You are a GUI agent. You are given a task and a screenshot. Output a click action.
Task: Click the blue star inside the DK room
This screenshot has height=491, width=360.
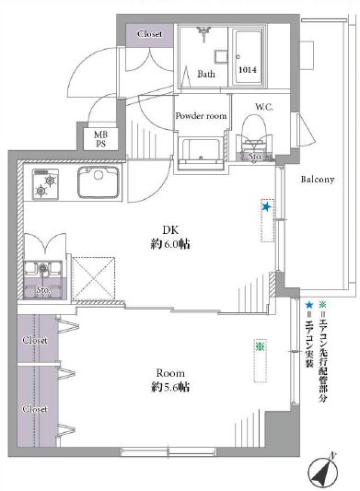click(266, 206)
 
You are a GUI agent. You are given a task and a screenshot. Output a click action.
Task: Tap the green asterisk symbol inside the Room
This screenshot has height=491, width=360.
click(260, 346)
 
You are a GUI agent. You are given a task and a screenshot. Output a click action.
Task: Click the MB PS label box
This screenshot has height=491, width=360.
click(100, 139)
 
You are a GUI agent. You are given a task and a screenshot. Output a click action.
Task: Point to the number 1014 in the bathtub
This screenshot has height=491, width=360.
click(248, 69)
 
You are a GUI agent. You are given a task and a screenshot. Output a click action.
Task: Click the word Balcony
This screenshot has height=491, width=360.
click(317, 179)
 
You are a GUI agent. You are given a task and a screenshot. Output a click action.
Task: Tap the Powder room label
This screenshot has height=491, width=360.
click(201, 116)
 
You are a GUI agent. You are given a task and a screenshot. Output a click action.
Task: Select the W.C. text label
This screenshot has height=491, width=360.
click(264, 107)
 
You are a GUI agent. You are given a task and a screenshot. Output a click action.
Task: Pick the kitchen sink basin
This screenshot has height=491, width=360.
click(99, 181)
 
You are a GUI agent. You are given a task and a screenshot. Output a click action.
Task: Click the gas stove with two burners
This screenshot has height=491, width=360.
click(45, 184)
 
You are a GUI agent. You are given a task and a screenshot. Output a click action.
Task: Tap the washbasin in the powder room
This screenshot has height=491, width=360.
click(202, 155)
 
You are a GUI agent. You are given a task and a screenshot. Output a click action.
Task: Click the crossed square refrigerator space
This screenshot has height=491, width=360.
click(93, 279)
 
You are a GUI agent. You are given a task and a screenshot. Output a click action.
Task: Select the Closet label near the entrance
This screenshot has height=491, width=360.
click(150, 34)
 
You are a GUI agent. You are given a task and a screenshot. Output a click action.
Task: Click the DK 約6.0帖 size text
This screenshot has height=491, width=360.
click(170, 238)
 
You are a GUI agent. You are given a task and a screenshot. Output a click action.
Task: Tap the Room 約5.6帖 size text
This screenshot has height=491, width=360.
click(170, 380)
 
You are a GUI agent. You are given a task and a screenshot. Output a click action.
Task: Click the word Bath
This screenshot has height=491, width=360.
click(206, 75)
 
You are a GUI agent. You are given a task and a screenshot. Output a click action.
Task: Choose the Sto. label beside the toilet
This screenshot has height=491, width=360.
click(255, 157)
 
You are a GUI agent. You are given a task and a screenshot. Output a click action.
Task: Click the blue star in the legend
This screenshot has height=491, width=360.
click(309, 304)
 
